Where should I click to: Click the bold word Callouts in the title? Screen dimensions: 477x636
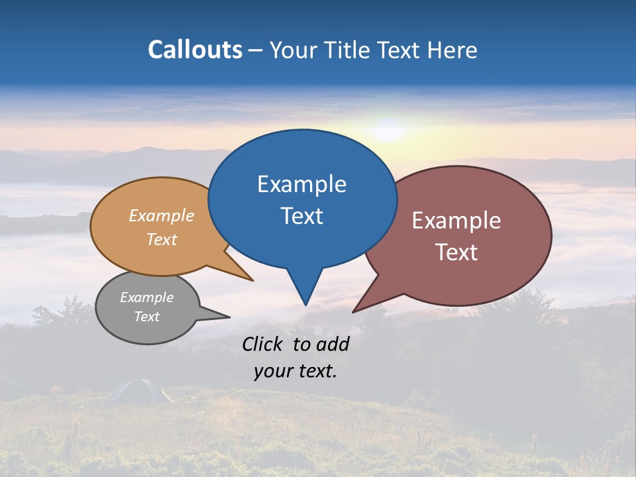point(195,50)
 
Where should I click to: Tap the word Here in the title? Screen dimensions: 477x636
point(449,50)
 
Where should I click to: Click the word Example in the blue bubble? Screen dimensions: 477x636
point(301,184)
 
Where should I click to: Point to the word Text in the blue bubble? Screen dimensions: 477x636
point(301,216)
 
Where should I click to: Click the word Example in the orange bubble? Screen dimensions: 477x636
point(162,215)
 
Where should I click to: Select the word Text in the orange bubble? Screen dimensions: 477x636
point(162,239)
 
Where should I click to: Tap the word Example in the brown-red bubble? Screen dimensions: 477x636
point(456,221)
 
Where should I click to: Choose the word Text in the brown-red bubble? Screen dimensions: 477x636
point(456,252)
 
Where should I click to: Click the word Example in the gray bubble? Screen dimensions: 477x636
point(146,297)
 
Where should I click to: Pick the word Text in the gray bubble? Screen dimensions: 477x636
point(146,317)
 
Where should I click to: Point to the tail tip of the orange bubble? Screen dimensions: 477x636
point(252,280)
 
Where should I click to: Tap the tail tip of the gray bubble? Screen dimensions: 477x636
point(229,317)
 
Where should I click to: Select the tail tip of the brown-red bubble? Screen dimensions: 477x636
point(354,311)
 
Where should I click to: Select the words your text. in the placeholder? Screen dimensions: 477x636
point(295,371)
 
